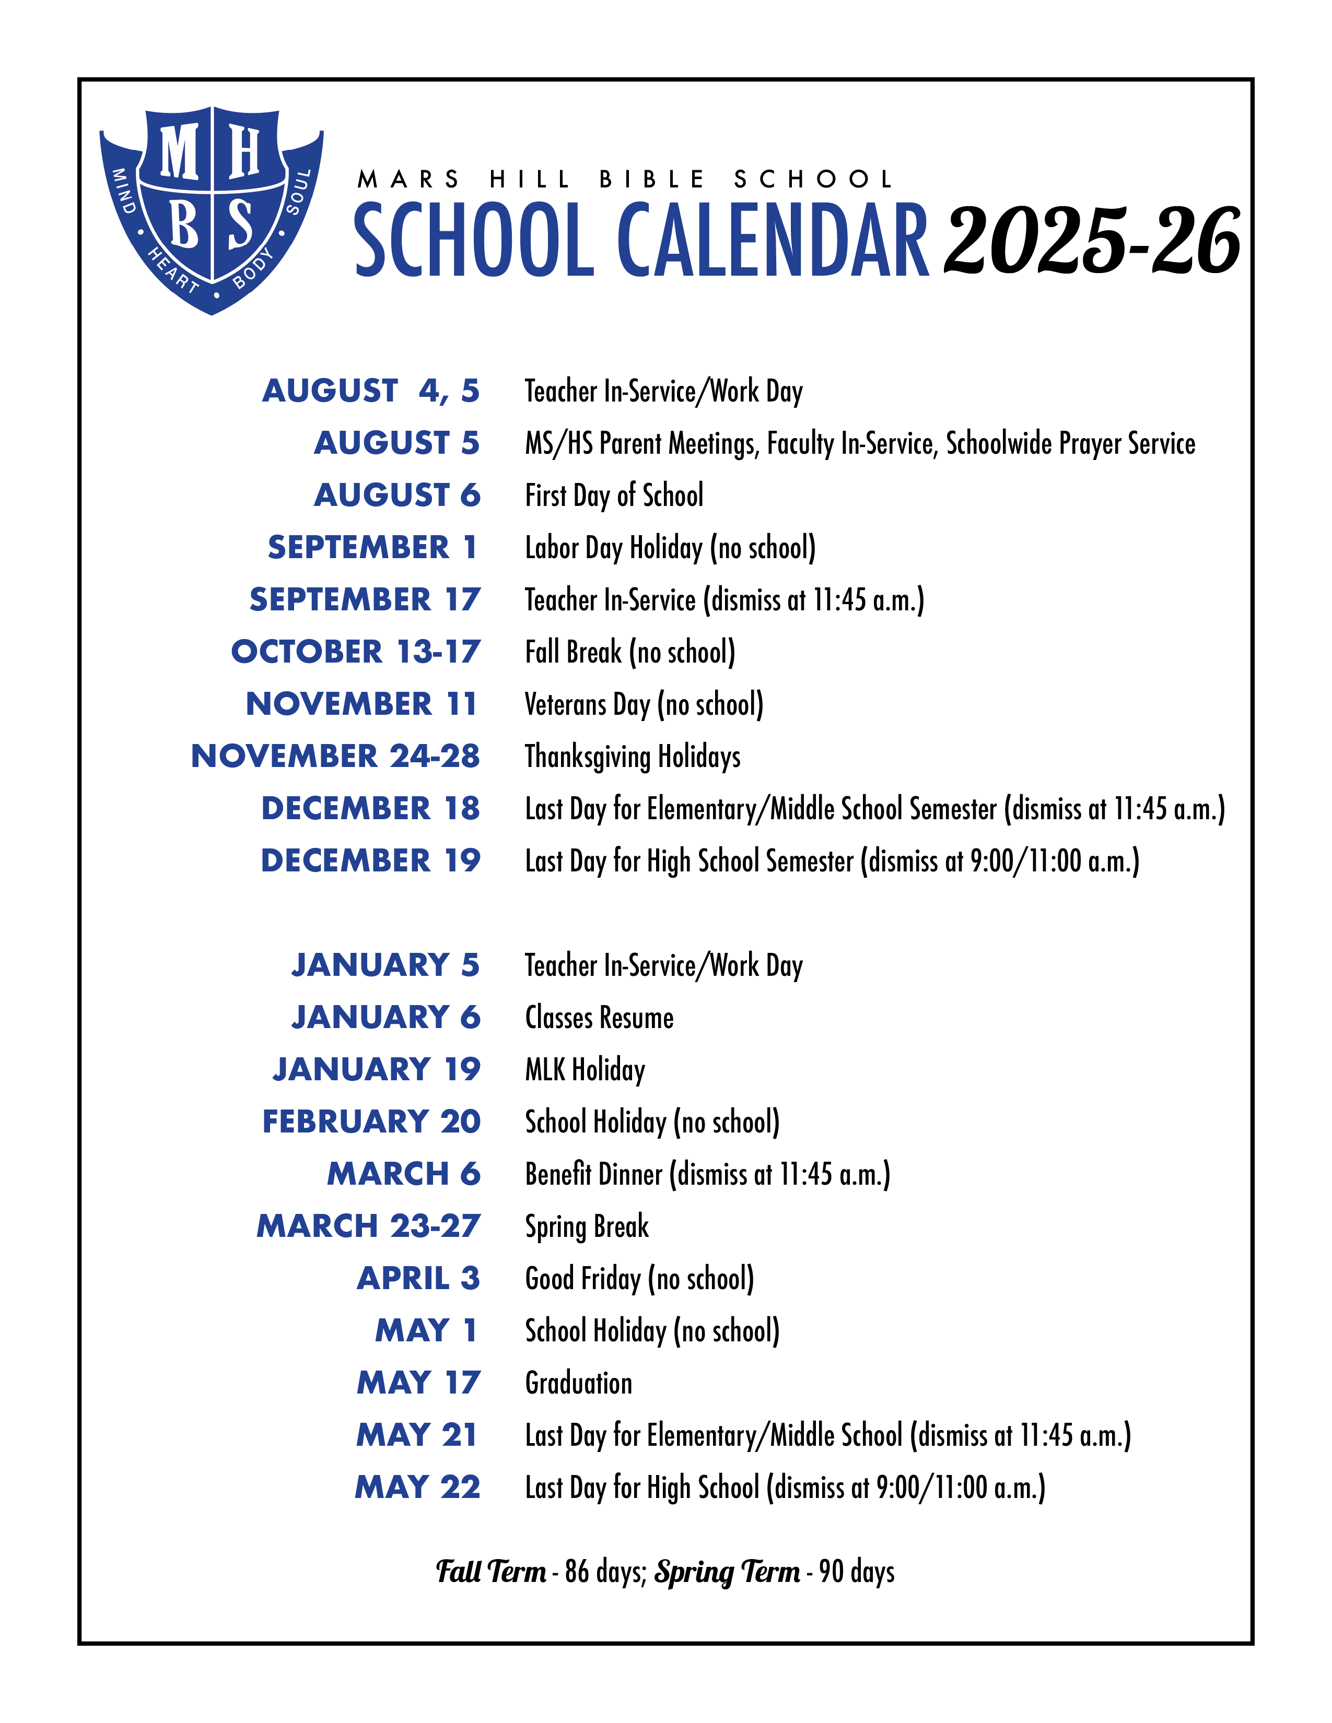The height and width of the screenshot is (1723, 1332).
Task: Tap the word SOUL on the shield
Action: (299, 192)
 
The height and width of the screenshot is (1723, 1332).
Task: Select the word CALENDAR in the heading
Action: (773, 241)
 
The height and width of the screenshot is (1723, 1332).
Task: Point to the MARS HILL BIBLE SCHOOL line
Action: (625, 180)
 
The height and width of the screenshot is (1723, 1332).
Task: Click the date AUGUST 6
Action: (397, 495)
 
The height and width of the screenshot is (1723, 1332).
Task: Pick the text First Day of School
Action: (614, 495)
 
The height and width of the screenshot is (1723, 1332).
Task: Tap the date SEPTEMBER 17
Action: (365, 599)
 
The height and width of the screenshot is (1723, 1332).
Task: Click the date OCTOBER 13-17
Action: (355, 652)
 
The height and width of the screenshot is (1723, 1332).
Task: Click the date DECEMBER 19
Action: (370, 860)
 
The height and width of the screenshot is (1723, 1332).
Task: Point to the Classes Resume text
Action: (599, 1018)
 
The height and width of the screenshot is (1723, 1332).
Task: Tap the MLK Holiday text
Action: (585, 1070)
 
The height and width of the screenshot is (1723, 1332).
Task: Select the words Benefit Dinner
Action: (593, 1174)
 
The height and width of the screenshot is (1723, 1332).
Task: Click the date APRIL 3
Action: (418, 1278)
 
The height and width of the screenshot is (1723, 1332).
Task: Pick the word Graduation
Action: (578, 1383)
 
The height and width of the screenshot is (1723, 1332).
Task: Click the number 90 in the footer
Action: (831, 1572)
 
